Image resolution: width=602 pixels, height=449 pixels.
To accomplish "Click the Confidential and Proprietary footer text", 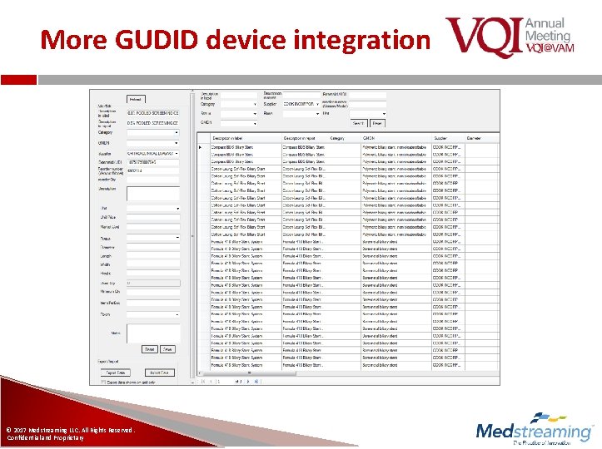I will tap(46, 437).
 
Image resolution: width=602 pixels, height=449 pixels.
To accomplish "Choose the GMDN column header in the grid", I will tap(369, 138).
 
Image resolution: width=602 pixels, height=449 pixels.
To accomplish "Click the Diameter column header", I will tap(474, 138).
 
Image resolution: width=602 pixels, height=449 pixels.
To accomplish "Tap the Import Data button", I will tap(159, 373).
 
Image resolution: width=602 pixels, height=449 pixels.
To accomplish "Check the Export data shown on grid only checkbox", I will tap(102, 382).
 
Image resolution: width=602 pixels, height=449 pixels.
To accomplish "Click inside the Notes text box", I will tap(152, 333).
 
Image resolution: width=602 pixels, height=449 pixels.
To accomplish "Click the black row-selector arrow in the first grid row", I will tap(199, 148).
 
